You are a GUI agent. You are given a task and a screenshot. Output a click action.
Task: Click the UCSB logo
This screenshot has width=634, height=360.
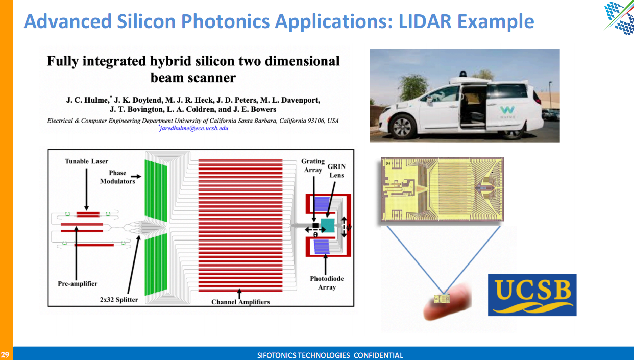(x=532, y=295)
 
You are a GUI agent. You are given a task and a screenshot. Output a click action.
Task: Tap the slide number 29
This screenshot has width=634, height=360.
(x=5, y=354)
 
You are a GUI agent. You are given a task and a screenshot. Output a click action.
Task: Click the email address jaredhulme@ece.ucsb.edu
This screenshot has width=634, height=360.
(x=194, y=128)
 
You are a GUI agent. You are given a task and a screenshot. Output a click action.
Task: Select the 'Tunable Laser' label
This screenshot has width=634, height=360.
(x=86, y=161)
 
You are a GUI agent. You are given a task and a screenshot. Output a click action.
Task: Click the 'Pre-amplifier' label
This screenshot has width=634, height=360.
(x=78, y=283)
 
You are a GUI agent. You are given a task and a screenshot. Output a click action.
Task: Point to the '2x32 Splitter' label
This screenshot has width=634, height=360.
(x=119, y=299)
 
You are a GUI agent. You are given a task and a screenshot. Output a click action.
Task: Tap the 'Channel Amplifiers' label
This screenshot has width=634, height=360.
(x=240, y=302)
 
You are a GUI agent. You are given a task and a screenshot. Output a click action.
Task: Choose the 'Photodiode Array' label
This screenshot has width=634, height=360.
(x=327, y=283)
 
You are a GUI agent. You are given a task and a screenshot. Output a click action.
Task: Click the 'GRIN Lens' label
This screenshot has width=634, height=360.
(x=336, y=171)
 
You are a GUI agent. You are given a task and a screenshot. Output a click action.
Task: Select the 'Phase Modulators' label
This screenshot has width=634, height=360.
(x=117, y=177)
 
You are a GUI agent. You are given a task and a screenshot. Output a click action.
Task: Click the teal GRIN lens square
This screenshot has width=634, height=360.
(x=328, y=226)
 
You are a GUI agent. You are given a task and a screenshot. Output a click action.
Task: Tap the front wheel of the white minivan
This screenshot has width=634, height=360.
(x=402, y=126)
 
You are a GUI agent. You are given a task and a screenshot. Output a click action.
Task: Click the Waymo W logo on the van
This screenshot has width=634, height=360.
(x=507, y=110)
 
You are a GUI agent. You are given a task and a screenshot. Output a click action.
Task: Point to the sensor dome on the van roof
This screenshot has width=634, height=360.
(x=463, y=74)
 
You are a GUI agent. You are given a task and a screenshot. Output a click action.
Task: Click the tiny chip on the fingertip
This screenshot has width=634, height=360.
(x=442, y=299)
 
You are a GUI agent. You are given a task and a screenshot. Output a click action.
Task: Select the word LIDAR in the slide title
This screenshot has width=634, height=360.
(x=425, y=21)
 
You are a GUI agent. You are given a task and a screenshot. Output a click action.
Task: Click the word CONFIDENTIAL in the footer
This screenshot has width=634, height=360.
(x=378, y=355)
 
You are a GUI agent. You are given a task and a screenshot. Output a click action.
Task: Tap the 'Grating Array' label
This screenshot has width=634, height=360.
(x=313, y=165)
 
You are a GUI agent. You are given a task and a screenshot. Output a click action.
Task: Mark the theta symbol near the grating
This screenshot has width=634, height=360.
(x=315, y=235)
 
